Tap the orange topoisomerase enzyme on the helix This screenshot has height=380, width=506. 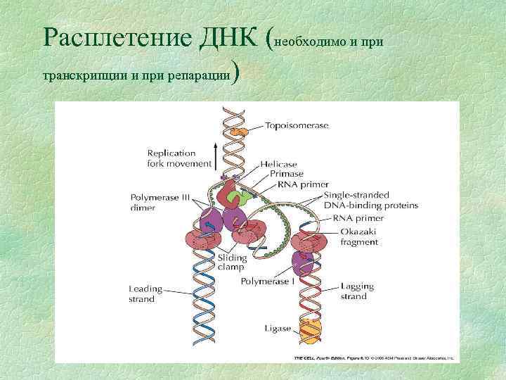click(240, 130)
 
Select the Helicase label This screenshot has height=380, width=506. click(278, 164)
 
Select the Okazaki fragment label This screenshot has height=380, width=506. click(358, 236)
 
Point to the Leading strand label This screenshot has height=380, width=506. click(145, 293)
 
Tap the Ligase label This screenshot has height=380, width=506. click(278, 328)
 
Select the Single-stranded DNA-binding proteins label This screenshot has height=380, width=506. click(371, 200)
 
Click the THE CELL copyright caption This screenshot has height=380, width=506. click(373, 357)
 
